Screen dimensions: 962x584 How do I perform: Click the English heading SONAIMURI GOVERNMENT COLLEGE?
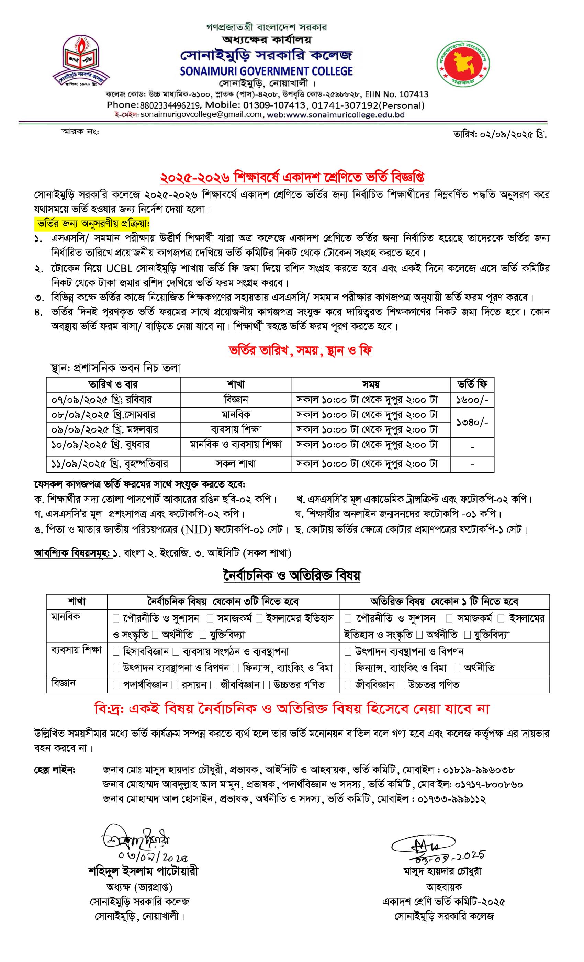pyautogui.click(x=266, y=71)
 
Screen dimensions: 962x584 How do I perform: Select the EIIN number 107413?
pyautogui.click(x=413, y=94)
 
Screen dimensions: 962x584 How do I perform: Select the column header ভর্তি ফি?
pyautogui.click(x=472, y=384)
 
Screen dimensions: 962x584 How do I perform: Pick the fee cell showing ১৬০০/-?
pyautogui.click(x=472, y=400)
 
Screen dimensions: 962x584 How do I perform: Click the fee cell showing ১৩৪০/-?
pyautogui.click(x=472, y=422)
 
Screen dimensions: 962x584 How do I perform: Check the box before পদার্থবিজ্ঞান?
pyautogui.click(x=116, y=685)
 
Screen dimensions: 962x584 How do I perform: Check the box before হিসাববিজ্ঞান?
pyautogui.click(x=116, y=652)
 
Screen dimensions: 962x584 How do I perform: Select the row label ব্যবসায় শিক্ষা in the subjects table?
pyautogui.click(x=77, y=650)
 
